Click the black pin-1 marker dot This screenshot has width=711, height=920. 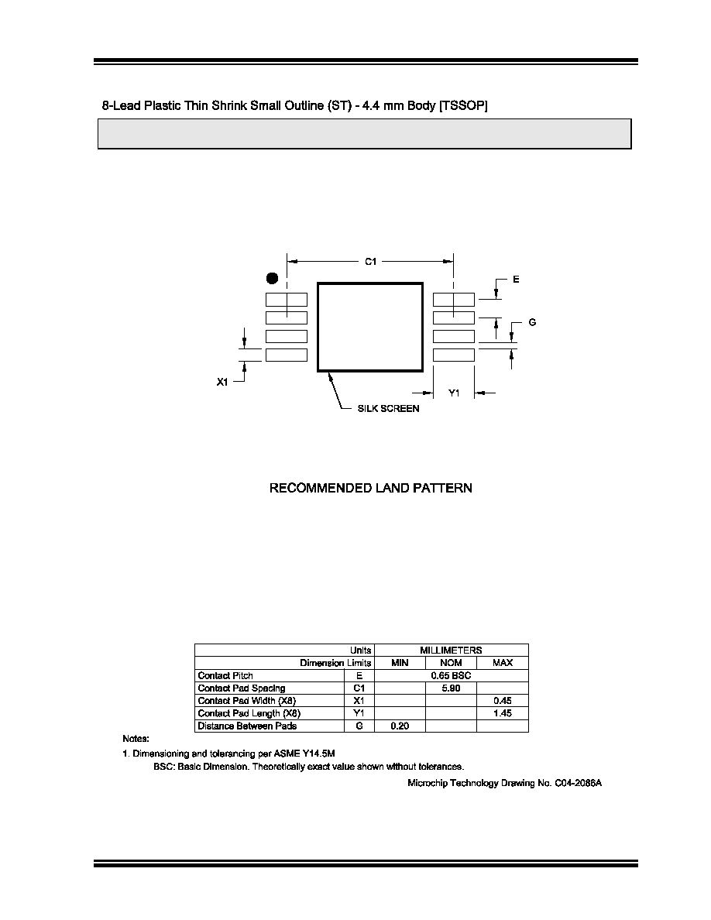click(272, 279)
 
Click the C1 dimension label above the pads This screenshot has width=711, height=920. click(371, 262)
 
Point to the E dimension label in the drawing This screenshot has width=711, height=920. click(517, 280)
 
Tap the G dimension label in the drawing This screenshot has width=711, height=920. click(532, 322)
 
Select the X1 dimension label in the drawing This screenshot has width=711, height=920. click(222, 382)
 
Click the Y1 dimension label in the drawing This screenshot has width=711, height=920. click(454, 393)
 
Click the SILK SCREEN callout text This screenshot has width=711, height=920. click(388, 408)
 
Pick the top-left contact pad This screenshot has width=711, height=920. click(287, 299)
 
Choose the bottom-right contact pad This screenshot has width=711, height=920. click(453, 355)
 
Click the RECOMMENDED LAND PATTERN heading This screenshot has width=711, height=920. click(371, 488)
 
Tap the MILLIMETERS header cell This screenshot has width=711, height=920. click(451, 650)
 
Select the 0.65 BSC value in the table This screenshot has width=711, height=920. click(451, 675)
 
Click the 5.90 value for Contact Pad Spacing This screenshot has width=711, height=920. click(451, 688)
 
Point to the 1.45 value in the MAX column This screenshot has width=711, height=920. click(503, 713)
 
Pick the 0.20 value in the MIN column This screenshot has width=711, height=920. click(400, 726)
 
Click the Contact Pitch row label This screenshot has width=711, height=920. click(225, 675)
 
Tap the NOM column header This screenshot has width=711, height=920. click(451, 663)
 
